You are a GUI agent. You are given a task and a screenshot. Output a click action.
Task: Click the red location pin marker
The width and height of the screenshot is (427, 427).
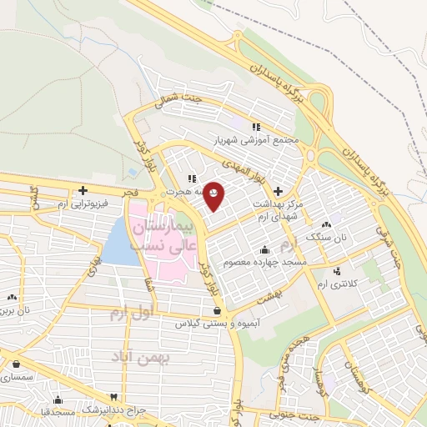[x=213, y=195]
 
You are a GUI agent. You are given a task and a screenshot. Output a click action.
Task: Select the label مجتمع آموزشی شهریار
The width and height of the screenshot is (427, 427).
[x=255, y=141]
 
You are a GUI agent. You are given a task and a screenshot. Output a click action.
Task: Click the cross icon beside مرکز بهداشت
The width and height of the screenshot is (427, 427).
[x=278, y=191]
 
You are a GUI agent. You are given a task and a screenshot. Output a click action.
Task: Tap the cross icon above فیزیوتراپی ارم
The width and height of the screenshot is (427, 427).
[x=83, y=190]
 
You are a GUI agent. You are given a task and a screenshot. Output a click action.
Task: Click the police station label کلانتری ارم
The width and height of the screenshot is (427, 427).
[x=337, y=284]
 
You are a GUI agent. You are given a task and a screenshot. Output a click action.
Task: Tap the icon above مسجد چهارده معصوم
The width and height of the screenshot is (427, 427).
[x=265, y=249]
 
